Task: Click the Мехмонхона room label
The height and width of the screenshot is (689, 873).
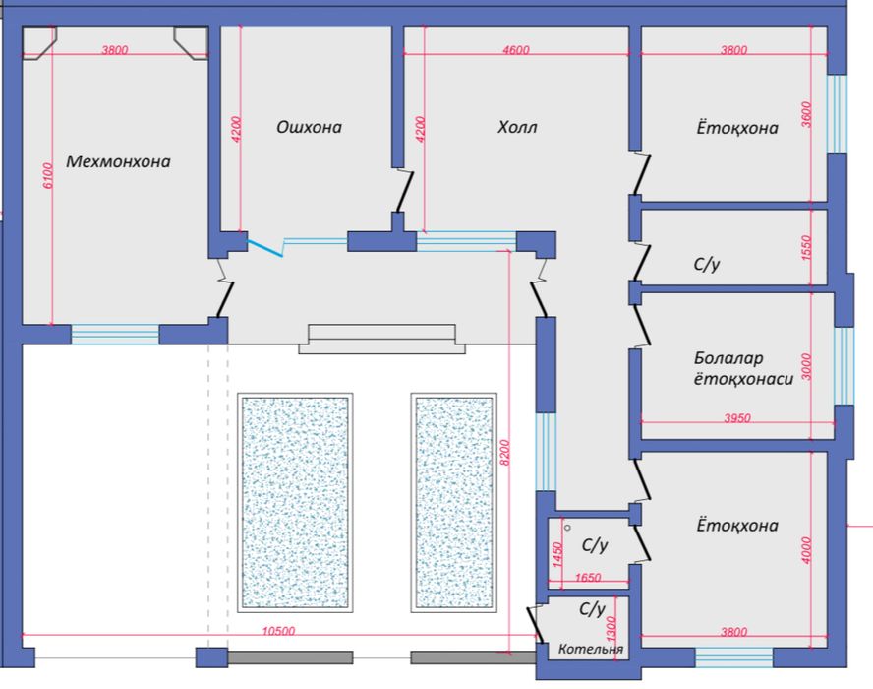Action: pyautogui.click(x=118, y=161)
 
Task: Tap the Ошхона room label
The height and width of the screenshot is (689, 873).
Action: pyautogui.click(x=309, y=127)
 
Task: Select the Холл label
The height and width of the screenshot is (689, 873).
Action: pyautogui.click(x=517, y=127)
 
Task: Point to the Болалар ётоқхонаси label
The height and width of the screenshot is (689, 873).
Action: pyautogui.click(x=743, y=368)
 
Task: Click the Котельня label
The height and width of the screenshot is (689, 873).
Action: pyautogui.click(x=591, y=649)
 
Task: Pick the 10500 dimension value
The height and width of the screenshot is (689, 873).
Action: pyautogui.click(x=278, y=631)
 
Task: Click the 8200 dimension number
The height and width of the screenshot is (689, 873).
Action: pyautogui.click(x=504, y=453)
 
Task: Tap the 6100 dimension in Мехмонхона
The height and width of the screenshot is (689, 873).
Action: pyautogui.click(x=48, y=175)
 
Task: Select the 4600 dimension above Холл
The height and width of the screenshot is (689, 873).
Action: pyautogui.click(x=515, y=50)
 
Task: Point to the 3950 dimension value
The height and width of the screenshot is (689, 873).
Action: pyautogui.click(x=737, y=417)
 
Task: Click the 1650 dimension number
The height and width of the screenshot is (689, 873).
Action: pyautogui.click(x=588, y=578)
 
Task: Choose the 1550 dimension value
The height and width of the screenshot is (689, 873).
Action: pyautogui.click(x=807, y=248)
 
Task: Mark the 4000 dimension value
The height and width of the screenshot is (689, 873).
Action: pyautogui.click(x=807, y=550)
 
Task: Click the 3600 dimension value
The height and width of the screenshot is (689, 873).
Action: pyautogui.click(x=807, y=114)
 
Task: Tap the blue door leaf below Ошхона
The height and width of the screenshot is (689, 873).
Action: pyautogui.click(x=265, y=248)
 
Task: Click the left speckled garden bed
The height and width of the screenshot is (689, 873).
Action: pyautogui.click(x=295, y=502)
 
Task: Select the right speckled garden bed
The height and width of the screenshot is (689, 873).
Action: pyautogui.click(x=454, y=502)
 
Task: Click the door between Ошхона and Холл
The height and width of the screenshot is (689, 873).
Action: pyautogui.click(x=403, y=191)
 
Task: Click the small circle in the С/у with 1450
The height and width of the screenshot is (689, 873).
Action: pyautogui.click(x=567, y=527)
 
